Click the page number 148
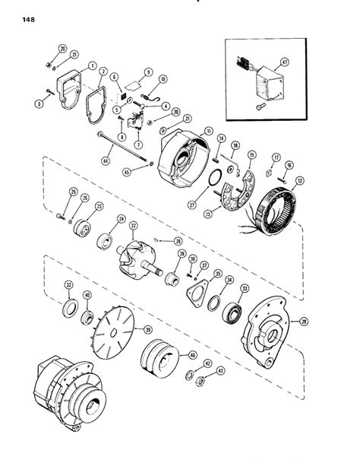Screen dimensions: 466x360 [x=16, y=11]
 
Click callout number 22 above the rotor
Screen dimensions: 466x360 [x=134, y=225]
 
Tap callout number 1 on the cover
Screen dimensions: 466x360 [x=91, y=65]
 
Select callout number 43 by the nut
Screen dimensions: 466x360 [x=220, y=370]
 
